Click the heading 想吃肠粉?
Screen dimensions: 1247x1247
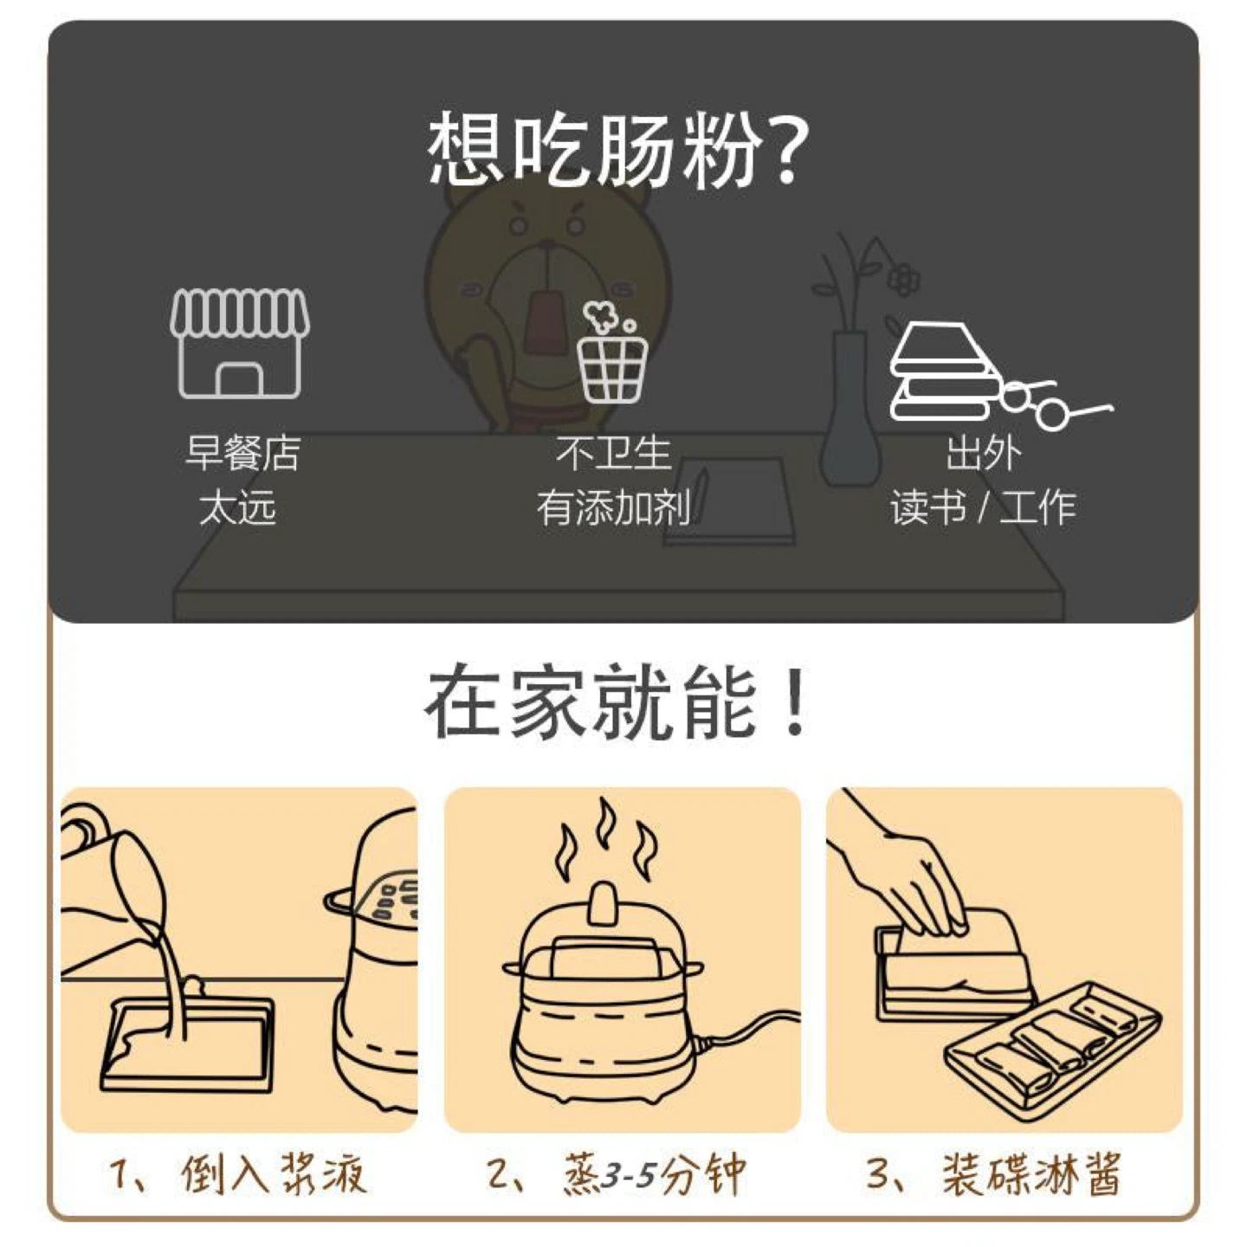pos(618,150)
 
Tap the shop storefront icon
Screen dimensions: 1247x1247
pos(240,342)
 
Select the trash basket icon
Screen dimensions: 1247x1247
pos(612,352)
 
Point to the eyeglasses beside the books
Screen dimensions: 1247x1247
pos(1054,404)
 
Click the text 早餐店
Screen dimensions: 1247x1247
pos(242,453)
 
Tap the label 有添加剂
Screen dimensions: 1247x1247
pos(612,508)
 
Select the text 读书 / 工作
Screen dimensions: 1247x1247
pos(983,508)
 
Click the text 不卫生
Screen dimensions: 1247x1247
pos(613,453)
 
